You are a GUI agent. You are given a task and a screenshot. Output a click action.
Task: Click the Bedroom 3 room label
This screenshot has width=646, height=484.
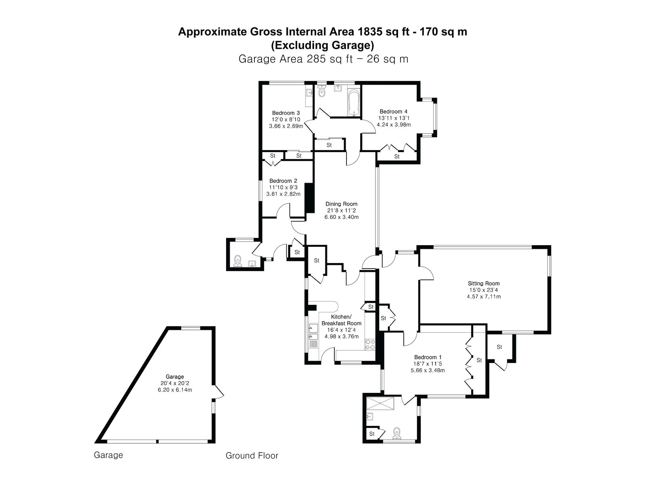[286, 113]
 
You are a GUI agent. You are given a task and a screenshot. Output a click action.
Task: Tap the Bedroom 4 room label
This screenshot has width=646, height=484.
[394, 111]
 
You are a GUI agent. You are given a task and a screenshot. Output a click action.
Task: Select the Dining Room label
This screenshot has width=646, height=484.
[342, 204]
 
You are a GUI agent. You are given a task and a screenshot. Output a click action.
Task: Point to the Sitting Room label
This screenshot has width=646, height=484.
[484, 283]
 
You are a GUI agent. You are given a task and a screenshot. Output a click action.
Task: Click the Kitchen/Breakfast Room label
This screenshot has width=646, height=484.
[342, 320]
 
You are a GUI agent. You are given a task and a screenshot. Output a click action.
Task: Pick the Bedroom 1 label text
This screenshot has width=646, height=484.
[428, 357]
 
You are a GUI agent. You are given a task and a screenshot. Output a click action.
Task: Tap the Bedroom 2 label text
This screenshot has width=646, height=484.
[283, 181]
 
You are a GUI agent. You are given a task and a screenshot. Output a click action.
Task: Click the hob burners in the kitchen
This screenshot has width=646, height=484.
[370, 344]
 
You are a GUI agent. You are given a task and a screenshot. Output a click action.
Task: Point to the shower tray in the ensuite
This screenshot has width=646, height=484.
[380, 403]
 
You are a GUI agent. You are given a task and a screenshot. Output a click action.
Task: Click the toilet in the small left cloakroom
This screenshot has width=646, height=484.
[237, 261]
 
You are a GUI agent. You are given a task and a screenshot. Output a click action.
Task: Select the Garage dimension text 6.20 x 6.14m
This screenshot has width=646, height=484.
[175, 390]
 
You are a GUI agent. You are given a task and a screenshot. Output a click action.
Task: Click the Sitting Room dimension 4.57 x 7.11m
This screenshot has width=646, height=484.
[484, 296]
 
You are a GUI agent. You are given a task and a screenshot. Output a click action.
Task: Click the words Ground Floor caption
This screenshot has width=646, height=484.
[252, 455]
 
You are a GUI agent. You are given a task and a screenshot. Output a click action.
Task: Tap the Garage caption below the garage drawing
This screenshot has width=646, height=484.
[108, 455]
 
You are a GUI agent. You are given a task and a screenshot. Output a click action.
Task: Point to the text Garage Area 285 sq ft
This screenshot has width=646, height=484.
[296, 59]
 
